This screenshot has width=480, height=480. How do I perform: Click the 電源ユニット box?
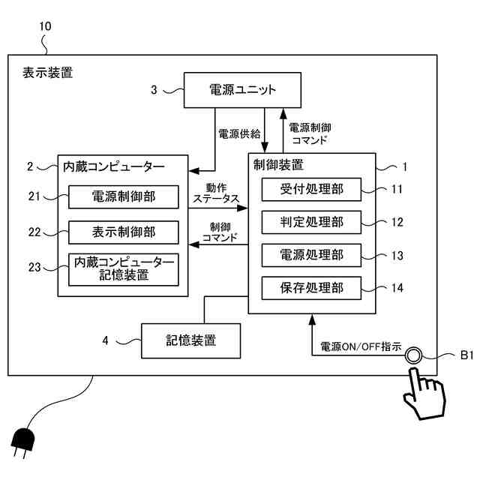pos(242,91)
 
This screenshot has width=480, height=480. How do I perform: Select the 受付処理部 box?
pos(310,190)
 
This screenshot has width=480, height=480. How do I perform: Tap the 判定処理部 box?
pos(310,223)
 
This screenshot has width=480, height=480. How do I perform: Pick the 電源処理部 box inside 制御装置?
pos(310,255)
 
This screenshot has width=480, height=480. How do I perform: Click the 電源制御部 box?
pos(124,197)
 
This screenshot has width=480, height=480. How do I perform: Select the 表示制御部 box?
pos(124,232)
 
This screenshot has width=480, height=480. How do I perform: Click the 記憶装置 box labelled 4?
pos(191,340)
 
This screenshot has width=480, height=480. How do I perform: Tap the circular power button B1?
pos(413,355)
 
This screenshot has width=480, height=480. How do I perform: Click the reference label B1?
pos(465,355)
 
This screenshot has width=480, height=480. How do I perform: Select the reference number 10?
pos(45,25)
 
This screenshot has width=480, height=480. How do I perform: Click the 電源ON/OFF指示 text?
pos(360,348)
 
